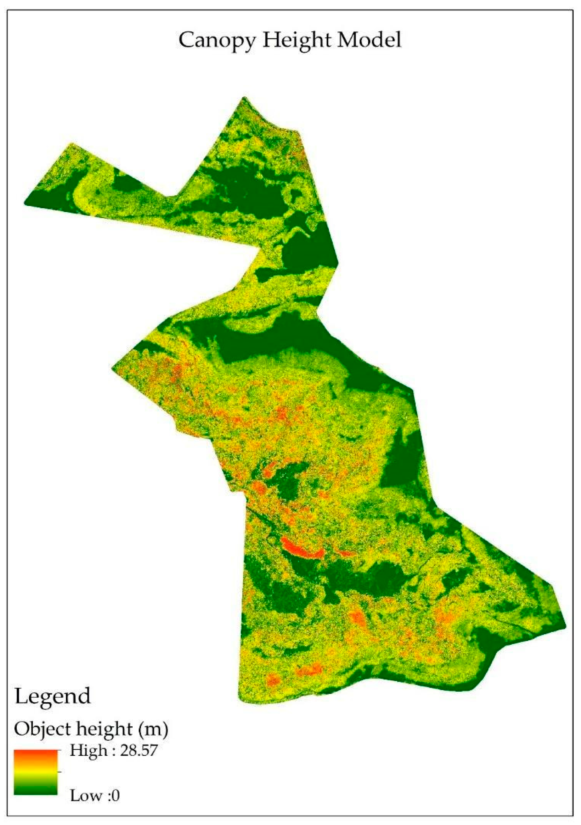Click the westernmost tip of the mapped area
click(x=25, y=203)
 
